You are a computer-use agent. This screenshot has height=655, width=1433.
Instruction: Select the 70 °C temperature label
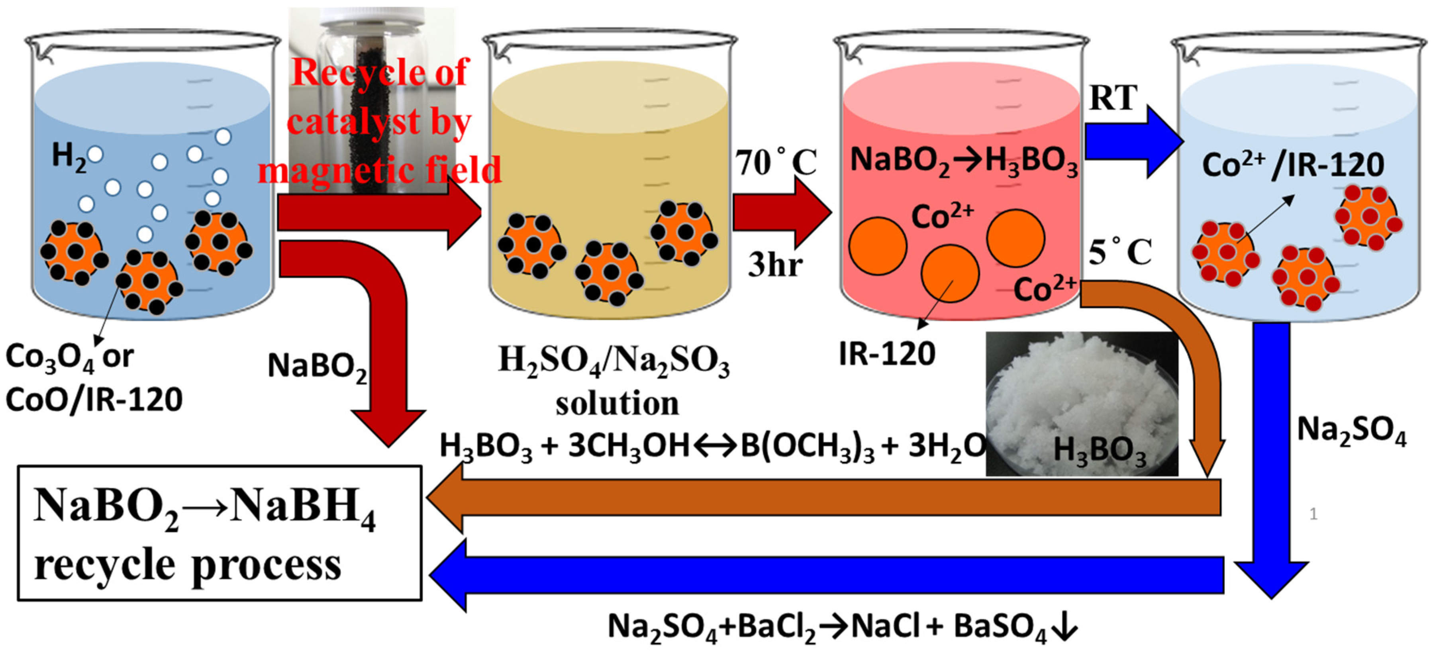point(776,163)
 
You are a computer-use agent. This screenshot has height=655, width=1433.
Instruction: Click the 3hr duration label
point(774,264)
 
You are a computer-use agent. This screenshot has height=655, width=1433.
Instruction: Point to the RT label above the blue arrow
point(1113,98)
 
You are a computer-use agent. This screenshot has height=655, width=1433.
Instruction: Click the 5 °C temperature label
point(1119,253)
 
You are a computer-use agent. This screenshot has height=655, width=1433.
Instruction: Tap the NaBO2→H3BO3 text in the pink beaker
point(963,161)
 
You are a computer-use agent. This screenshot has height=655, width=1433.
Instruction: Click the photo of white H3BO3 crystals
point(1082,404)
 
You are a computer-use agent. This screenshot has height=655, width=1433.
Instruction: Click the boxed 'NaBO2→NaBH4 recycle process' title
point(219,533)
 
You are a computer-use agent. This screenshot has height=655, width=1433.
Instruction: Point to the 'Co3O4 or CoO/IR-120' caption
point(94,378)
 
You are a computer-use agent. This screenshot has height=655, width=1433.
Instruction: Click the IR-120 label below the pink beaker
point(887,354)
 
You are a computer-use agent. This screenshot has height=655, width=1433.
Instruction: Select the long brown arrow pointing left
point(823,497)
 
